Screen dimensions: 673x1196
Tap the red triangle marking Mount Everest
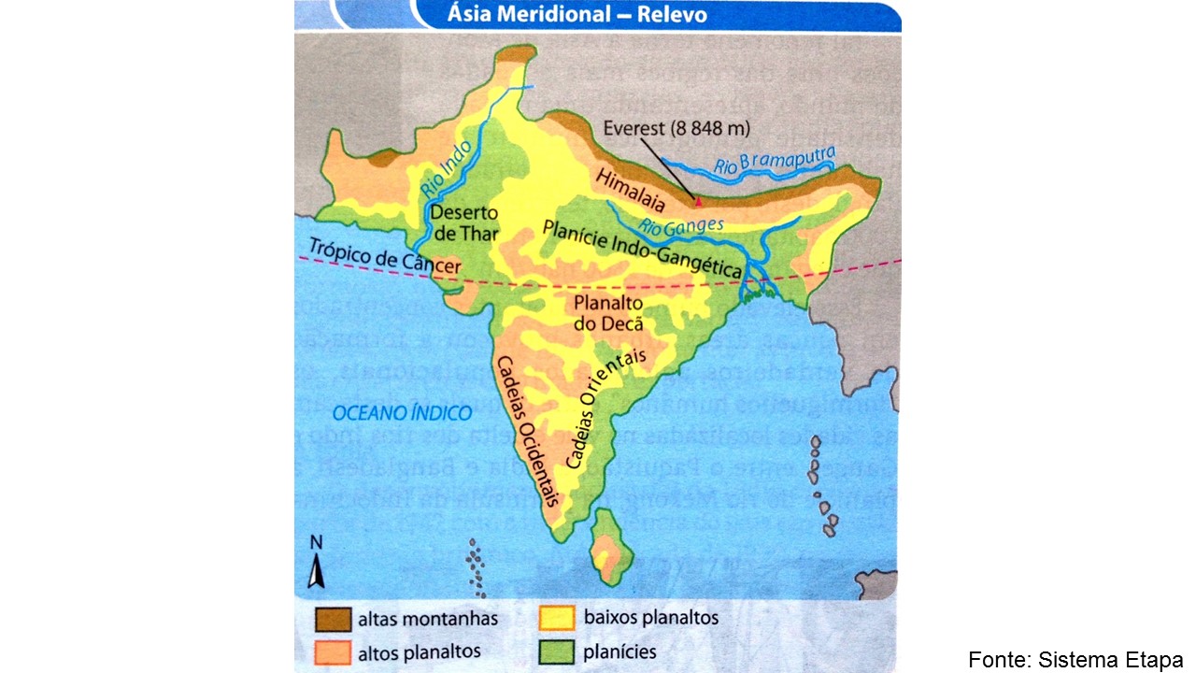[696, 199]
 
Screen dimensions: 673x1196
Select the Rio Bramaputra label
[775, 163]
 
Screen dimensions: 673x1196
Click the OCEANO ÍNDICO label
[403, 412]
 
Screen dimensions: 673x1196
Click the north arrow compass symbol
[316, 566]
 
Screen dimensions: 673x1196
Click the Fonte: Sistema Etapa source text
[1075, 659]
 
